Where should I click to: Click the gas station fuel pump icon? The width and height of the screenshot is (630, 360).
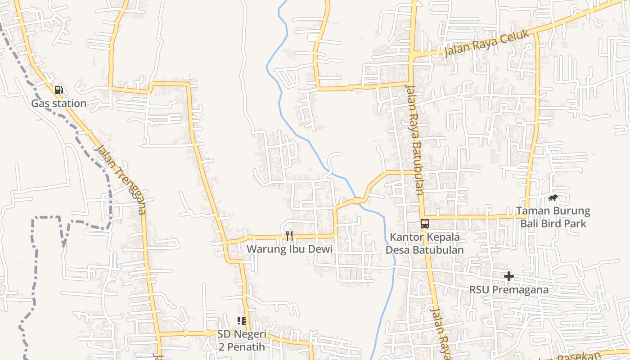tap(58, 90)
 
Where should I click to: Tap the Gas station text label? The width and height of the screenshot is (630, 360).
tap(58, 103)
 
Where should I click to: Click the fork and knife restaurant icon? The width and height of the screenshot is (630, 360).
tap(289, 235)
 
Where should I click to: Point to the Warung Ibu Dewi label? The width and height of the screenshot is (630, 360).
tap(289, 249)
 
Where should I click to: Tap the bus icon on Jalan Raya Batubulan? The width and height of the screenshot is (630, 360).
tap(424, 223)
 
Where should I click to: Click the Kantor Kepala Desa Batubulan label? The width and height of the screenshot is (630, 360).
tap(424, 243)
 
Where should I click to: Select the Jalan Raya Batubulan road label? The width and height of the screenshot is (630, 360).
tap(414, 139)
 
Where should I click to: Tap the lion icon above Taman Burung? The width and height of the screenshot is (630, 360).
tap(553, 198)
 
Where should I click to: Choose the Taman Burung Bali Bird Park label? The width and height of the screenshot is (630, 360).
tap(553, 217)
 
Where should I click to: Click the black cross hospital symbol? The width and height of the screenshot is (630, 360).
tap(509, 276)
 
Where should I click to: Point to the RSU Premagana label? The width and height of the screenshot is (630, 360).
tap(509, 289)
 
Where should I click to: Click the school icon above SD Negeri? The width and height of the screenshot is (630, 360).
tap(242, 320)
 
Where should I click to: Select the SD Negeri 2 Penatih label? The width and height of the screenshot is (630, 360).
tap(242, 341)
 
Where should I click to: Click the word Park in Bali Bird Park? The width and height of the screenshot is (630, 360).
tap(576, 223)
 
